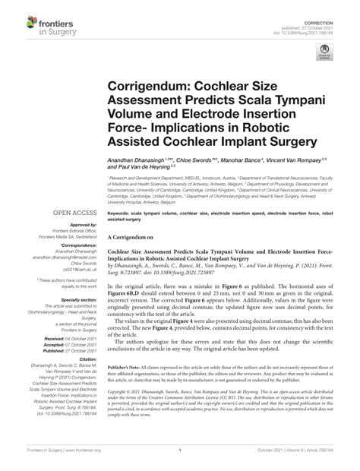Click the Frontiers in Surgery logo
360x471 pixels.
(37, 24)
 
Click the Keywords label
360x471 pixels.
(127, 215)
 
